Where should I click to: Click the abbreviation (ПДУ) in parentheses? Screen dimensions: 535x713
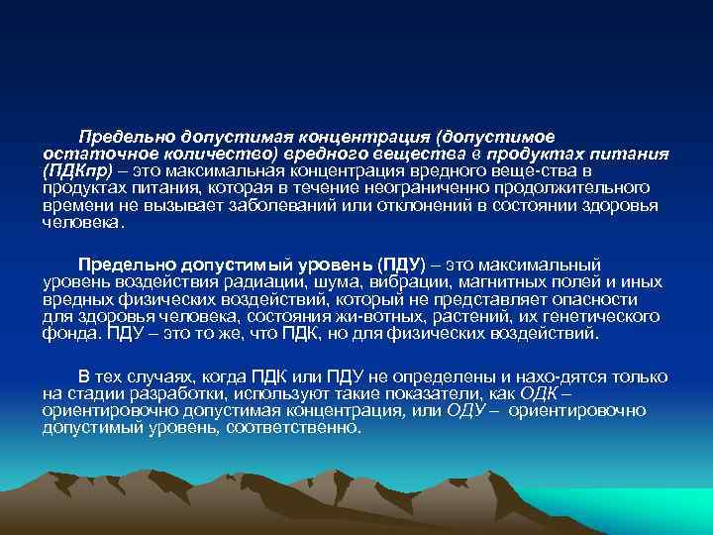click(x=400, y=266)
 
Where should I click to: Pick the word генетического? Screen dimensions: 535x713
click(x=607, y=316)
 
